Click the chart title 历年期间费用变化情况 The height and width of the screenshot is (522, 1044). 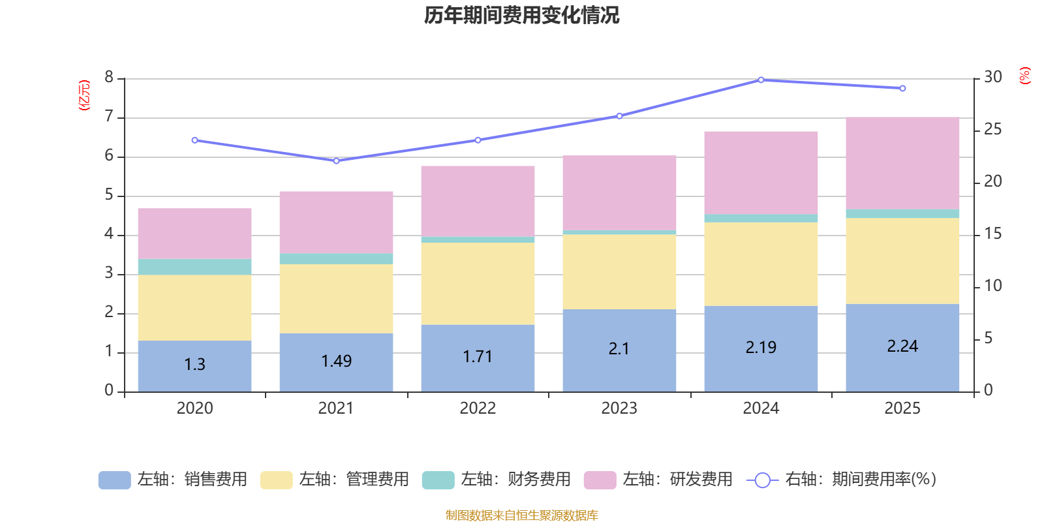click(x=521, y=15)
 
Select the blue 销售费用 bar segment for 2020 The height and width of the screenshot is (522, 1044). click(x=194, y=378)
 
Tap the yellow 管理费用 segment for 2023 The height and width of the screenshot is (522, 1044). click(x=619, y=271)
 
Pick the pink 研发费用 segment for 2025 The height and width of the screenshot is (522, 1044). click(x=902, y=163)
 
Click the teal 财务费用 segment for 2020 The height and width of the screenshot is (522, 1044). click(x=194, y=267)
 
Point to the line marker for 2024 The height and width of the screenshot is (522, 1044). click(x=761, y=80)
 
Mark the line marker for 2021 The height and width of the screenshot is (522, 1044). click(x=336, y=161)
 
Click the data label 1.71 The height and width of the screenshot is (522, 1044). click(x=478, y=357)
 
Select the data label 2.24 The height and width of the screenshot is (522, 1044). click(x=902, y=346)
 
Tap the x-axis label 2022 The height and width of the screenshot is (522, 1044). click(x=478, y=408)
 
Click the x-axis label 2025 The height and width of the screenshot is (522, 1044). click(x=902, y=408)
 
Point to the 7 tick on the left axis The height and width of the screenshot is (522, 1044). click(x=109, y=117)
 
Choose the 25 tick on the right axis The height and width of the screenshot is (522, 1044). click(x=992, y=129)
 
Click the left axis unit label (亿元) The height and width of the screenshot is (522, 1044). click(x=84, y=95)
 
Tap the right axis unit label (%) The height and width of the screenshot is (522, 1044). click(x=1025, y=76)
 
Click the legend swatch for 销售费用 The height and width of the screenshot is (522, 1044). click(x=114, y=480)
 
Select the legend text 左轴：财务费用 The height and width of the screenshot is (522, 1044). click(x=515, y=480)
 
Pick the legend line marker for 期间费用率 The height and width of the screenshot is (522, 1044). click(x=762, y=480)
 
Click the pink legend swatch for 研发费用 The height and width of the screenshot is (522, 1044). click(x=600, y=480)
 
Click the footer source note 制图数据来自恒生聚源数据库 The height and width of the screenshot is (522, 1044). click(x=521, y=515)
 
